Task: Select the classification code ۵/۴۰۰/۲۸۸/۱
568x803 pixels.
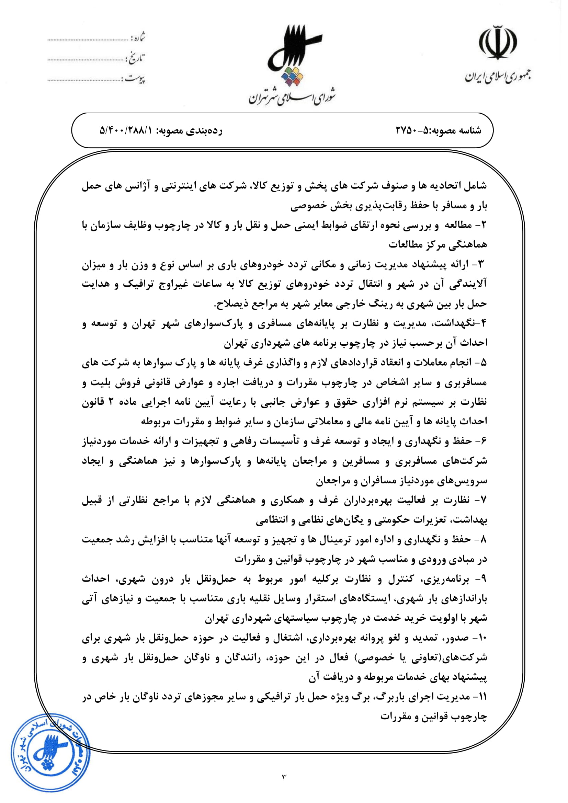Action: point(126,130)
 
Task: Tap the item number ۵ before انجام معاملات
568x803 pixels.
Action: point(484,363)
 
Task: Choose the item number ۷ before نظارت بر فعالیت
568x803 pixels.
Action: point(484,501)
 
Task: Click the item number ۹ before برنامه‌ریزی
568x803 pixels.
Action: point(484,580)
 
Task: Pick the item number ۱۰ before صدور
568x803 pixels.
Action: point(482,638)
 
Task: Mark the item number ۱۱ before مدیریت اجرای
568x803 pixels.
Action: point(482,697)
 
